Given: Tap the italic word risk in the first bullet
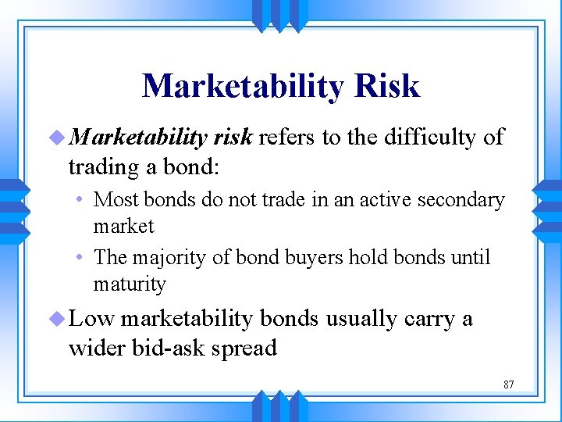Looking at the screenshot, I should (x=231, y=138).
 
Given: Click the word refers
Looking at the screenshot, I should (x=286, y=138).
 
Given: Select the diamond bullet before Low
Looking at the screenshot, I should (x=59, y=319).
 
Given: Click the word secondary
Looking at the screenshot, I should (x=464, y=200).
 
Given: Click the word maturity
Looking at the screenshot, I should (x=130, y=284).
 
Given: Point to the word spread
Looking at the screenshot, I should (x=246, y=348).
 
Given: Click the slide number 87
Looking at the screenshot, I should (x=508, y=384).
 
